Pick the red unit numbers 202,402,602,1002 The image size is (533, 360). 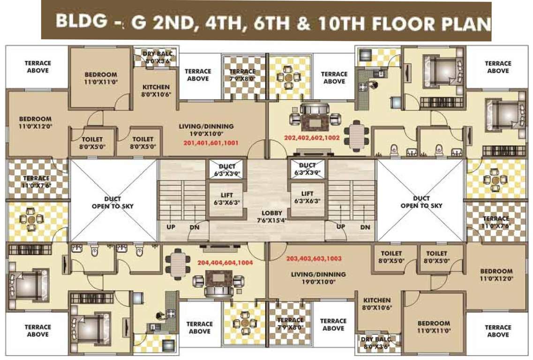point(312,137)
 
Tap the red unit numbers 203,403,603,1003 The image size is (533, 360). point(314,258)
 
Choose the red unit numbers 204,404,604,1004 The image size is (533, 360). point(225,263)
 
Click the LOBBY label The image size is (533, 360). point(272,212)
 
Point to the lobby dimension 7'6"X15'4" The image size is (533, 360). point(272,220)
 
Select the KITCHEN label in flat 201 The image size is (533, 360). point(156,87)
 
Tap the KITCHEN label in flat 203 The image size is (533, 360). point(376,300)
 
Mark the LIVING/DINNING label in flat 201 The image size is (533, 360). point(206,126)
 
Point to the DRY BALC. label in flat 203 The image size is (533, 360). point(378,338)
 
